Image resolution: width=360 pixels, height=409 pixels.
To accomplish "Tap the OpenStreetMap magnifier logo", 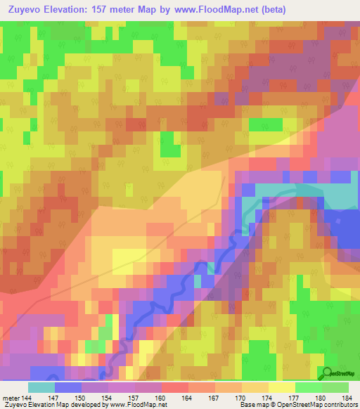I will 326,374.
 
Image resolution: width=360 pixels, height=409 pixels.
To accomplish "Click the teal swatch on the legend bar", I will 41,387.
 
